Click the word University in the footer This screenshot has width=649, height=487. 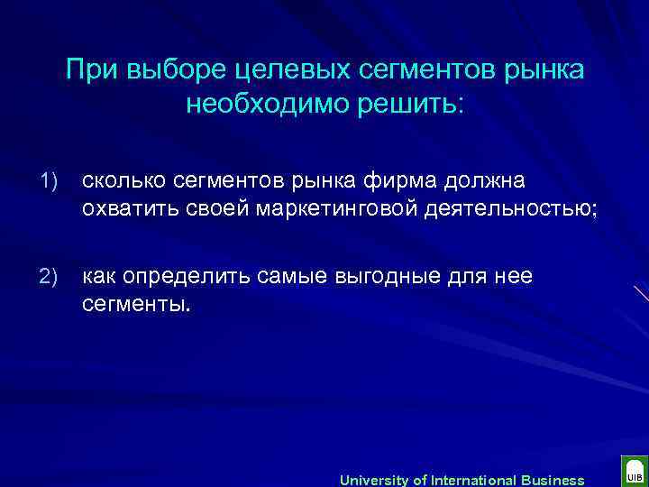pyautogui.click(x=370, y=480)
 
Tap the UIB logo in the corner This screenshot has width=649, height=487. pyautogui.click(x=633, y=473)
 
